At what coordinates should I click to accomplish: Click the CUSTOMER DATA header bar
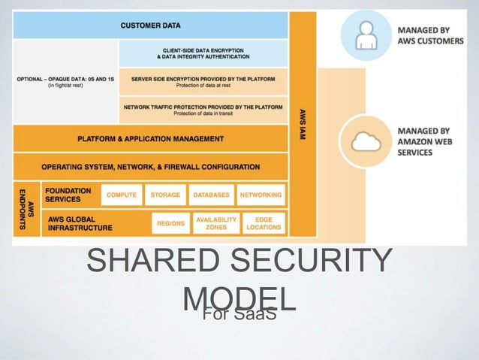click(150, 25)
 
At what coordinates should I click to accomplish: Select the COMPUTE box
click(121, 195)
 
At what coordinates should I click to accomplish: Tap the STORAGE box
click(165, 195)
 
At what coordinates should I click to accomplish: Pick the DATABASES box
click(211, 195)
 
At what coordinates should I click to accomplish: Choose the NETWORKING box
click(261, 195)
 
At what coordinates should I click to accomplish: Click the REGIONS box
click(170, 223)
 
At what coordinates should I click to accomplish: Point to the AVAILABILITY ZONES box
click(216, 223)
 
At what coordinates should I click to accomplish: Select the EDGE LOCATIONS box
click(264, 223)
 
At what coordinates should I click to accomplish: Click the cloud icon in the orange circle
click(366, 141)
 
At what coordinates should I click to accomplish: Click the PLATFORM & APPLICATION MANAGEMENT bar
click(150, 138)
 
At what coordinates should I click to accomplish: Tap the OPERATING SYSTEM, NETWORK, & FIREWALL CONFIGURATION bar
click(150, 167)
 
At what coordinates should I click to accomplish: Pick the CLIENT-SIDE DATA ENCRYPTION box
click(203, 53)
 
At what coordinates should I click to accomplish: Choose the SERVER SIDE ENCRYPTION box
click(203, 80)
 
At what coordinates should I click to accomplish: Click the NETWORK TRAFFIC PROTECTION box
click(203, 110)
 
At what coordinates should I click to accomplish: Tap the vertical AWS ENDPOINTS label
click(26, 208)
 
